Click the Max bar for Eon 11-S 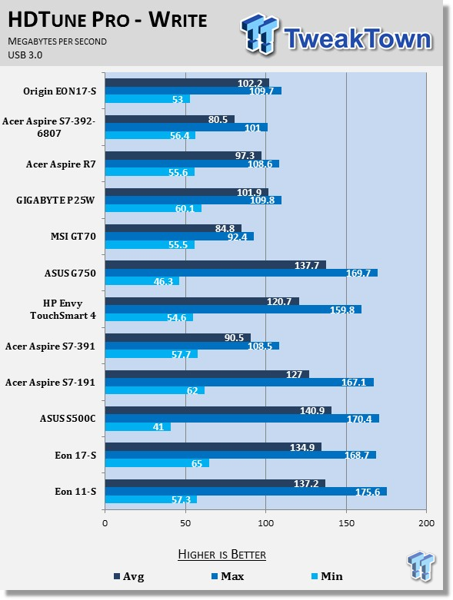pyautogui.click(x=246, y=492)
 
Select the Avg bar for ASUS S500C pyautogui.click(x=218, y=410)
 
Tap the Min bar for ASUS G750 pyautogui.click(x=142, y=281)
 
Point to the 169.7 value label pyautogui.click(x=358, y=273)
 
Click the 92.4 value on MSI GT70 pyautogui.click(x=238, y=237)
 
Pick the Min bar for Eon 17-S pyautogui.click(x=157, y=463)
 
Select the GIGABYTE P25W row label pyautogui.click(x=55, y=200)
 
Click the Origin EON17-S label pyautogui.click(x=60, y=91)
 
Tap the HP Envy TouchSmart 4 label pyautogui.click(x=63, y=309)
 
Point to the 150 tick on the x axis pyautogui.click(x=346, y=522)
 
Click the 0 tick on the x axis pyautogui.click(x=105, y=522)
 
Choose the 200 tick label pyautogui.click(x=427, y=522)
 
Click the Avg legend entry pyautogui.click(x=129, y=576)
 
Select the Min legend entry pyautogui.click(x=327, y=576)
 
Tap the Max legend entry pyautogui.click(x=228, y=576)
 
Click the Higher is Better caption pyautogui.click(x=222, y=555)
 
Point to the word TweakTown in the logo pyautogui.click(x=358, y=38)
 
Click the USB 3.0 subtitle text pyautogui.click(x=25, y=55)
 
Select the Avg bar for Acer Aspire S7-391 pyautogui.click(x=178, y=337)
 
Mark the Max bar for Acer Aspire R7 pyautogui.click(x=192, y=164)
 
